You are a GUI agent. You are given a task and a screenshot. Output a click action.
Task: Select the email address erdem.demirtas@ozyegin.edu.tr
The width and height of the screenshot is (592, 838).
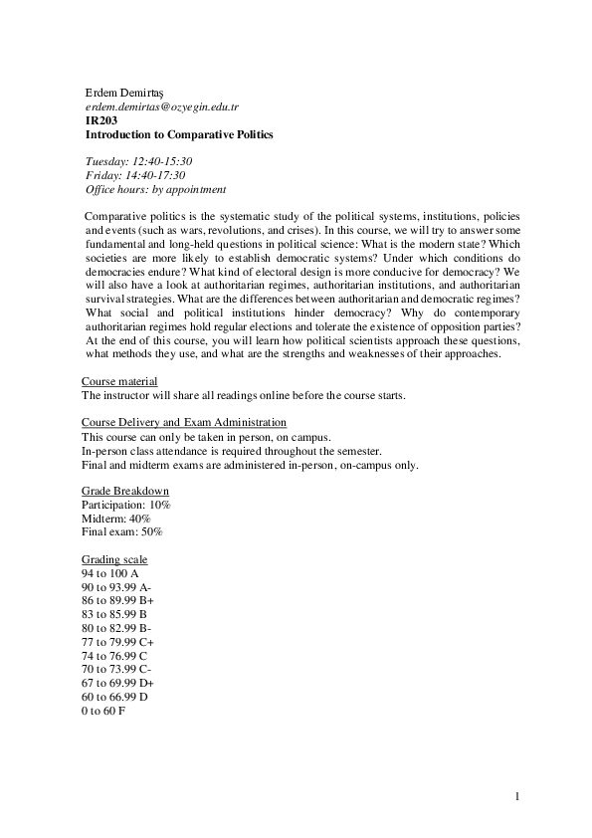161,105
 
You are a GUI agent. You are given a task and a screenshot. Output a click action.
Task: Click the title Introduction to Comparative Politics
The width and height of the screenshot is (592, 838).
179,133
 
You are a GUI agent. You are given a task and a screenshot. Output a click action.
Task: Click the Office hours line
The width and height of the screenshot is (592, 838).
155,189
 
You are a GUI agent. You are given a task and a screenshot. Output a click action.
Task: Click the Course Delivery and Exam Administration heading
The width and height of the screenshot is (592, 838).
184,423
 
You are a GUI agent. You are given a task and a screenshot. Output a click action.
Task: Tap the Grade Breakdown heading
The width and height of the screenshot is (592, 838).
124,491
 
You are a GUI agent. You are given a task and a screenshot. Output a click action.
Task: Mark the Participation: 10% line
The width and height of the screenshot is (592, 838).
125,506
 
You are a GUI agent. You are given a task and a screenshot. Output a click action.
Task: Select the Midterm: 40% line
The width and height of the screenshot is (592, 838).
115,519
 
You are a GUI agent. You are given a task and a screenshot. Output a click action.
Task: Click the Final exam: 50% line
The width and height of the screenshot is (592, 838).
121,532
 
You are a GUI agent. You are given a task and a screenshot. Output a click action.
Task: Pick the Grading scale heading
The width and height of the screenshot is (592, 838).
114,560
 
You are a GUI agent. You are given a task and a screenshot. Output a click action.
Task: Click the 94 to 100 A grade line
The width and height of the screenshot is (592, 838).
109,574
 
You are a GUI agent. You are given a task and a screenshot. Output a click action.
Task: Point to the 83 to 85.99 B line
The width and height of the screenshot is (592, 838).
113,615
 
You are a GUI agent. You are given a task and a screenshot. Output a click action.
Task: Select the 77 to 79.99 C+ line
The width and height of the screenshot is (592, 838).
116,643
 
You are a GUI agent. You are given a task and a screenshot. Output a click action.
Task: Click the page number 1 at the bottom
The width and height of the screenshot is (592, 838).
518,796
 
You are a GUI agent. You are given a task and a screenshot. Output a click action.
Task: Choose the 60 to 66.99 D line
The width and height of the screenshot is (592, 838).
114,698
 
